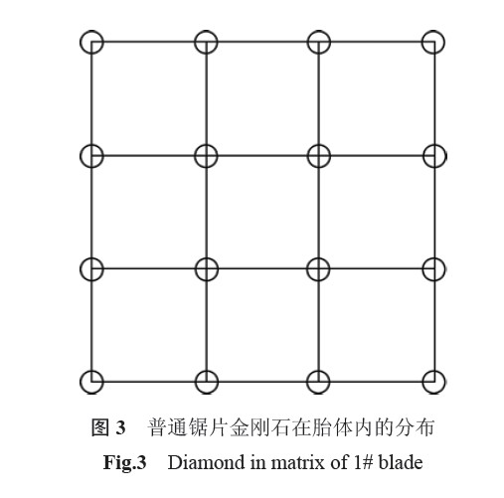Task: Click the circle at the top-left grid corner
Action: tap(81, 42)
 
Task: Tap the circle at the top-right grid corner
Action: tap(444, 42)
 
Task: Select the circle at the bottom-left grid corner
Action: tap(81, 382)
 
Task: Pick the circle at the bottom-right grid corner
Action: tap(444, 382)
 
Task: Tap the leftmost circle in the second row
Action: tap(81, 156)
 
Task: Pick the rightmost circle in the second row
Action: tap(446, 156)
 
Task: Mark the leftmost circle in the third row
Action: tap(81, 269)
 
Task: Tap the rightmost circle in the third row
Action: tap(444, 269)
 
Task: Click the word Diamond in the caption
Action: tap(207, 462)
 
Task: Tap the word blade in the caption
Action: tap(401, 462)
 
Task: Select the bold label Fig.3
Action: tap(124, 462)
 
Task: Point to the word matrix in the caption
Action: tap(298, 462)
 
